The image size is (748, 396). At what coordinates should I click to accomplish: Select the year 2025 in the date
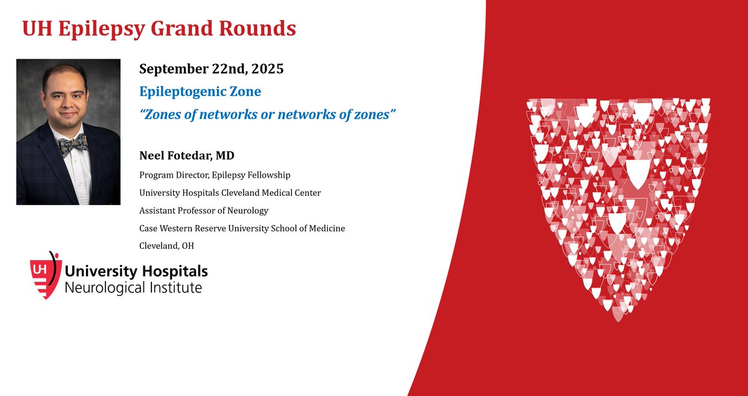tap(264, 69)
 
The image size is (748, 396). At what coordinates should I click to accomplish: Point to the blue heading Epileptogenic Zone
tap(200, 92)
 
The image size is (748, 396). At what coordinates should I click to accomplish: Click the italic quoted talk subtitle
tap(268, 115)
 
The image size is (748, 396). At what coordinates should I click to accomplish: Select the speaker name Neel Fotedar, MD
tap(191, 154)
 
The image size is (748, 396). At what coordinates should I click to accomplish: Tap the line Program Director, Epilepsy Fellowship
tap(214, 175)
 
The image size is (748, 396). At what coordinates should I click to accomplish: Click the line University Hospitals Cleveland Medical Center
tap(230, 193)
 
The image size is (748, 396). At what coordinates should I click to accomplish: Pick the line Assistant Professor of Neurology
tap(203, 211)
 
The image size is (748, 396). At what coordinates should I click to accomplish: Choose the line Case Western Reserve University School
tap(242, 228)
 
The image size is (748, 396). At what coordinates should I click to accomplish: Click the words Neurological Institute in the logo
tap(133, 287)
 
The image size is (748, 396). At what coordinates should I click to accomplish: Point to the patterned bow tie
tap(72, 145)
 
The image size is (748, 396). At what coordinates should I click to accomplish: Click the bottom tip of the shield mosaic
tap(618, 318)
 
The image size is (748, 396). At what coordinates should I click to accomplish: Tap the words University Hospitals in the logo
tap(136, 271)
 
